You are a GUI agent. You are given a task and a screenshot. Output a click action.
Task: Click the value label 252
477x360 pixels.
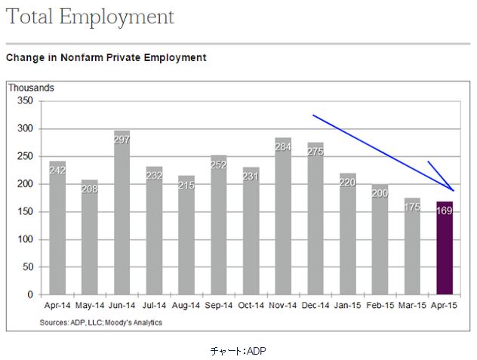(219, 165)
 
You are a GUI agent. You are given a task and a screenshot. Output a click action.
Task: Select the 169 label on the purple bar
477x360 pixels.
(445, 211)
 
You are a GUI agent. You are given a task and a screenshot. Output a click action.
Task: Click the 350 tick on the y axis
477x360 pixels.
(25, 101)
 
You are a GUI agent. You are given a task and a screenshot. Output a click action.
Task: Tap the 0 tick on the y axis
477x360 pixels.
(31, 294)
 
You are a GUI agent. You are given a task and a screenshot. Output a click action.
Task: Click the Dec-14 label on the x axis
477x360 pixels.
(316, 306)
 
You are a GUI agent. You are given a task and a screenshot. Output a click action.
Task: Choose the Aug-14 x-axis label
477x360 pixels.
(186, 306)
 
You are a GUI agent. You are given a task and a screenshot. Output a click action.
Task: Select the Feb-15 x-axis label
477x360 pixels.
(380, 306)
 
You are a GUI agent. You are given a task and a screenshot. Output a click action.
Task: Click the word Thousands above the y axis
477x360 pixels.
(31, 88)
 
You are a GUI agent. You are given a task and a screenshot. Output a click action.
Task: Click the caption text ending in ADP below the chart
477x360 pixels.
(238, 350)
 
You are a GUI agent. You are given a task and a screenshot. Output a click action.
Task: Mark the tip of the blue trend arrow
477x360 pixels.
(454, 191)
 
